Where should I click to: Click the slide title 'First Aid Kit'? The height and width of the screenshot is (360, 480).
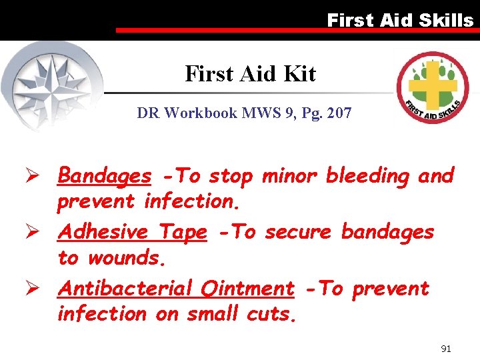[x=250, y=73]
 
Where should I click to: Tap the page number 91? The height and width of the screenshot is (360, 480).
[x=447, y=349]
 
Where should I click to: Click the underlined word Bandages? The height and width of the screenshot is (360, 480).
[x=105, y=176]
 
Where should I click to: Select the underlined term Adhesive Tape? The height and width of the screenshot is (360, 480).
[x=132, y=232]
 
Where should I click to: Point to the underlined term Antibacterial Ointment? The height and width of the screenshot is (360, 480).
[x=176, y=289]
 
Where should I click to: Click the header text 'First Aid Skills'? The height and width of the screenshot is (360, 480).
[x=400, y=20]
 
